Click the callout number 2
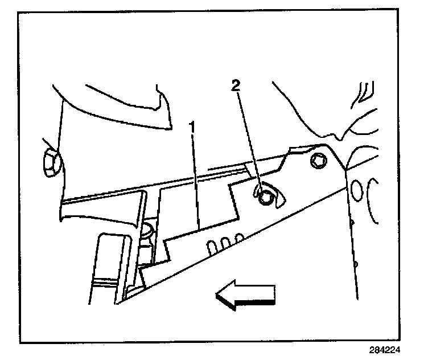[x=236, y=86]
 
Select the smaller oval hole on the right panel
[x=357, y=189]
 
